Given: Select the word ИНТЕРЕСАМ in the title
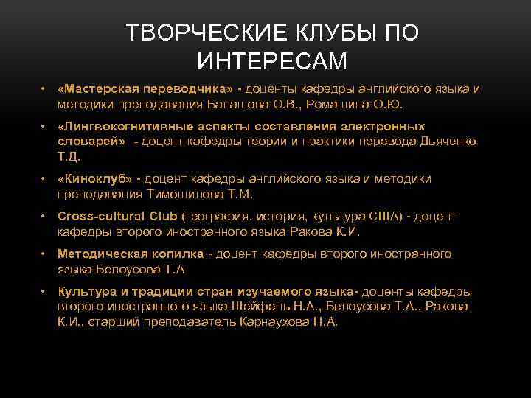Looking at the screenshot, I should click(x=272, y=62).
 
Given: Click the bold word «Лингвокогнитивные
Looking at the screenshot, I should click(x=123, y=125).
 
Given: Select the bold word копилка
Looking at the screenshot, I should click(x=181, y=254).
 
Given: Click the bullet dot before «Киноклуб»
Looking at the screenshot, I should click(x=44, y=178).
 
